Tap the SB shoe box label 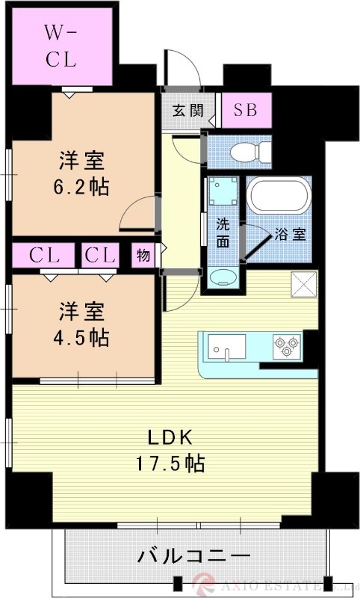(x=246, y=111)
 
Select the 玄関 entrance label (x=187, y=111)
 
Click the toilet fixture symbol (x=248, y=152)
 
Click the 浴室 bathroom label (x=289, y=233)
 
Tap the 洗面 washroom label (x=223, y=232)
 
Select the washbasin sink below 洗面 (x=223, y=278)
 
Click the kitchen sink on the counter (x=226, y=346)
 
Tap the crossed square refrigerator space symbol (x=305, y=284)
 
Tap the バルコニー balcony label (x=193, y=557)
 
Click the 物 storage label (x=143, y=255)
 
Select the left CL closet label (x=43, y=255)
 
